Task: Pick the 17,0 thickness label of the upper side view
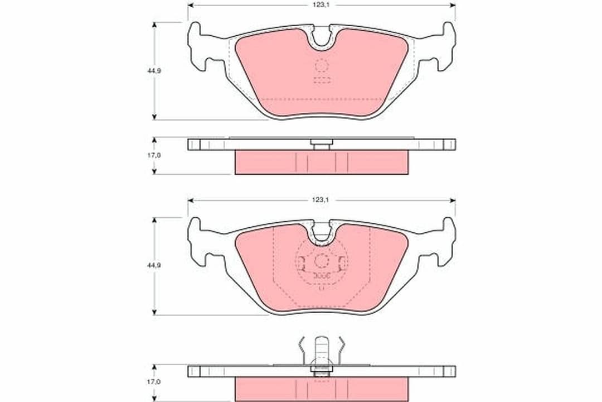point(154,155)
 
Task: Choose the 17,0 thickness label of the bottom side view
point(154,382)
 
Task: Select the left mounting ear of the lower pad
point(198,242)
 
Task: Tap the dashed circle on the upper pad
point(322,66)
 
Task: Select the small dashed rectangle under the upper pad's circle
point(322,80)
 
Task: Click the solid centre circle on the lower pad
point(322,261)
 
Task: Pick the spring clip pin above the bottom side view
point(322,352)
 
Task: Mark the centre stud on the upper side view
point(322,145)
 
